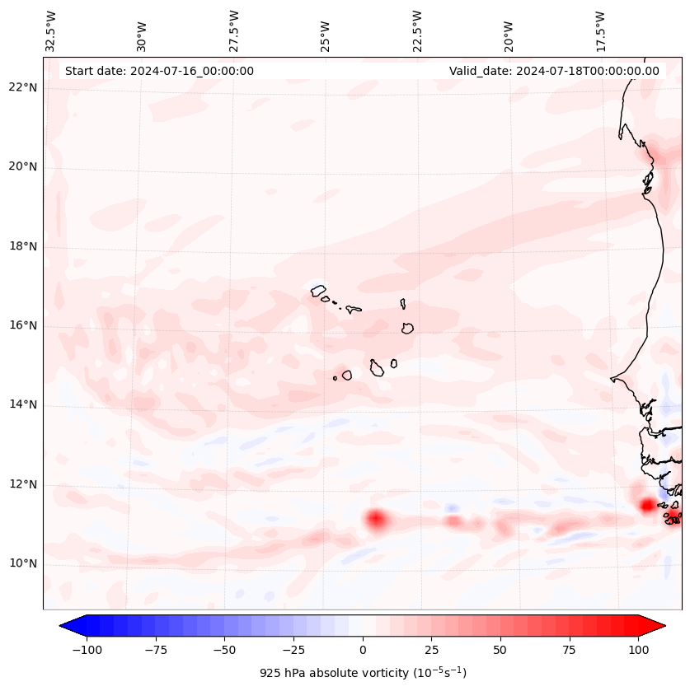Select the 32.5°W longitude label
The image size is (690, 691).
(51, 31)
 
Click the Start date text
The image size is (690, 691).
(159, 71)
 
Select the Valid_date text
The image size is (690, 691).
(554, 71)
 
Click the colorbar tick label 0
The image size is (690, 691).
(363, 650)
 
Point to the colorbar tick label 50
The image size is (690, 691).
(500, 650)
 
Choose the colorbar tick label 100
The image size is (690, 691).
(637, 650)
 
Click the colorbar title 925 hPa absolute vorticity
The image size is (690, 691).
(363, 673)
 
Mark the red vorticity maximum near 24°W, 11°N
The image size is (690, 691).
(376, 519)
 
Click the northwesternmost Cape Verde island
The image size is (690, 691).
(318, 291)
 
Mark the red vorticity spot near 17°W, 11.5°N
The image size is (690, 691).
(647, 505)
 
